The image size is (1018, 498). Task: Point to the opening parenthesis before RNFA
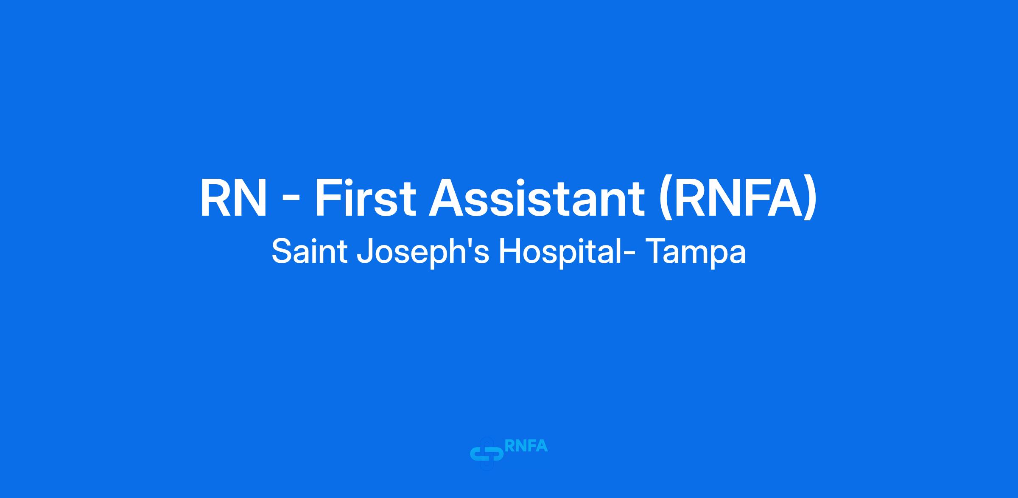click(x=666, y=200)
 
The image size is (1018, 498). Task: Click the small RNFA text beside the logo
click(x=526, y=446)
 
